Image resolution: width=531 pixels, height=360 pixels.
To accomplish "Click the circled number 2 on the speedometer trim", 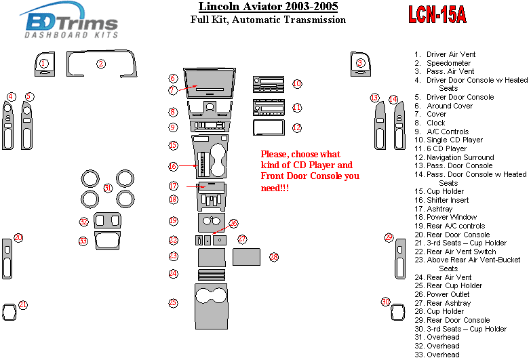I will [x=100, y=64].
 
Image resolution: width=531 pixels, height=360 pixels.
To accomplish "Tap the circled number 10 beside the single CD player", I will [x=297, y=84].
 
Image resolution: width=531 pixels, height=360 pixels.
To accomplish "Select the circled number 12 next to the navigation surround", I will [x=297, y=127].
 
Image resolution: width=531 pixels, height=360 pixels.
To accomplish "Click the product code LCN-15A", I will [x=437, y=15].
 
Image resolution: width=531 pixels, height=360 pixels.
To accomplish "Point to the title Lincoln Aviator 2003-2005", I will [x=269, y=7].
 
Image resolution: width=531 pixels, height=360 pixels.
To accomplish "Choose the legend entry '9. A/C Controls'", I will [x=447, y=132].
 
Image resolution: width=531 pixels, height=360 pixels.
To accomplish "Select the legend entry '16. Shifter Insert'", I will [x=448, y=201].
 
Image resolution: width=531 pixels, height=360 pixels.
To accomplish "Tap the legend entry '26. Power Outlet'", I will [x=448, y=294].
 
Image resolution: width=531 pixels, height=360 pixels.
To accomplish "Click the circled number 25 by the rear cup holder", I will [x=174, y=303].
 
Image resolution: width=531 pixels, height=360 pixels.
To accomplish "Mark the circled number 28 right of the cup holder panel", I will [x=274, y=257].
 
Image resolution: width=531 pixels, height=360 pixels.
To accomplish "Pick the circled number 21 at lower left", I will [x=23, y=305].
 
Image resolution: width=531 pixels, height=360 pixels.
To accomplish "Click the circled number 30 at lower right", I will [x=386, y=302].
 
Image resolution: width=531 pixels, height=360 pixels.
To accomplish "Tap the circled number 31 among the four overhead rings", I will [x=107, y=188].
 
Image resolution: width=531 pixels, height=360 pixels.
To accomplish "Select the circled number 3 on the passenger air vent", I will [x=360, y=64].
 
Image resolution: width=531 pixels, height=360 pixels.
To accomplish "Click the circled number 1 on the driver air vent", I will [x=43, y=64].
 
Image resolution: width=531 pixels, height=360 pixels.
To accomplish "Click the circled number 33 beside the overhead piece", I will [x=83, y=241].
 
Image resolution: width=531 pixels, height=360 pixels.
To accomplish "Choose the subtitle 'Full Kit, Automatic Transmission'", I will [x=268, y=20].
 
